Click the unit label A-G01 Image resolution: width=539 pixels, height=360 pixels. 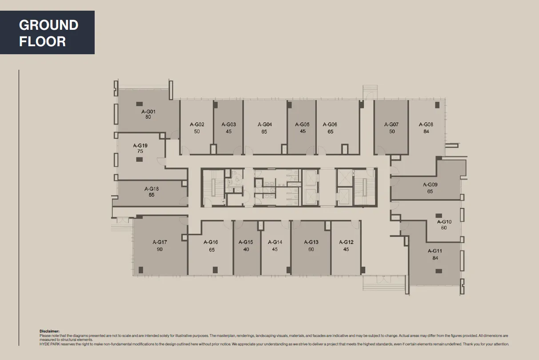point(148,111)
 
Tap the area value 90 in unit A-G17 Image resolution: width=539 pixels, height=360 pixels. point(160,249)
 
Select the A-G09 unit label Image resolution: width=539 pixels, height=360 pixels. point(430,184)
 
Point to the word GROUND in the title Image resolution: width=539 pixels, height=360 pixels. point(48,25)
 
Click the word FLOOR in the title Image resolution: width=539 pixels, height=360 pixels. point(42,41)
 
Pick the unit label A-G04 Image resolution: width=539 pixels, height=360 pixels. point(264,124)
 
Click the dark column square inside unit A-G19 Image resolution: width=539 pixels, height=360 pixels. point(140,158)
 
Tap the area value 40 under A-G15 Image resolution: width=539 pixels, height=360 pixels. point(246,249)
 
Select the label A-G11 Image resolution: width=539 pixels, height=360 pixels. point(435,251)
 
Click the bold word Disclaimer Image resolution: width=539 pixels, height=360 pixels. point(49,331)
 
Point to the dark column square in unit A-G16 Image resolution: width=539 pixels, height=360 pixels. point(215,269)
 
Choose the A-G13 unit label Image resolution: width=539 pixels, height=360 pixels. point(311,242)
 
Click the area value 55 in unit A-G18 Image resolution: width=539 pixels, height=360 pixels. point(152,195)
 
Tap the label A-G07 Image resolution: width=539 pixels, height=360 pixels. point(391,124)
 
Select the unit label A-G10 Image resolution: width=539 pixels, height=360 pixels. point(444,221)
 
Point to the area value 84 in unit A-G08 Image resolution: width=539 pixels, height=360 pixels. point(426,132)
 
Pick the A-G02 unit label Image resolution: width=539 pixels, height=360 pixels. point(197,124)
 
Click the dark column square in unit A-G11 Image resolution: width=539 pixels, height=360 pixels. point(439,271)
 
